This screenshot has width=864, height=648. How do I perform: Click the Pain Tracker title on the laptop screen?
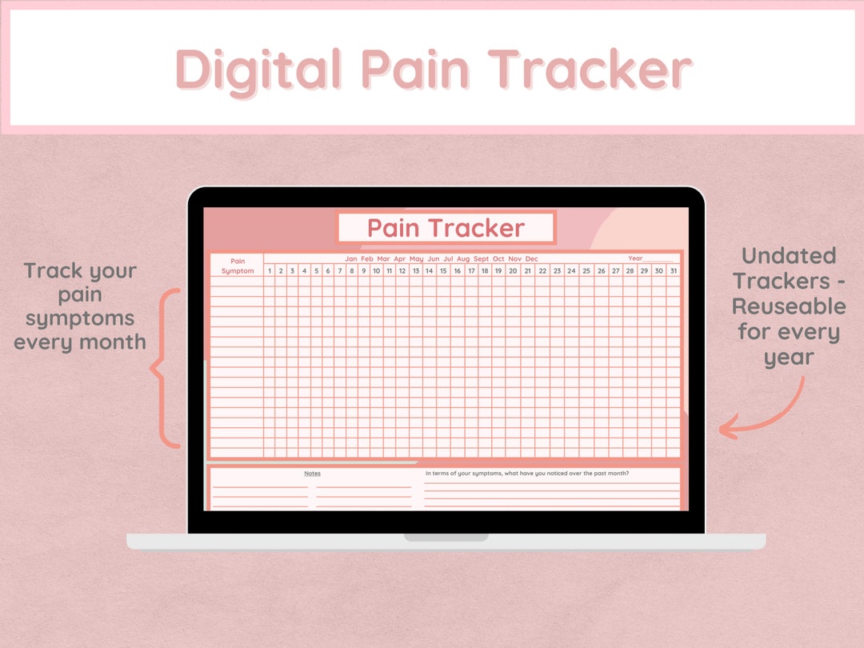pos(446,228)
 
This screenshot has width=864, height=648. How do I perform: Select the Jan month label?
pos(351,258)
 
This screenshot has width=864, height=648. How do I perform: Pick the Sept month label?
pos(481,258)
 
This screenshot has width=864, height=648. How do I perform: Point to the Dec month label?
pos(532,258)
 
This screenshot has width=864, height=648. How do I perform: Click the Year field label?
pos(635,258)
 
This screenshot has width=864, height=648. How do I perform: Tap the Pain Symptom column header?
pos(238,266)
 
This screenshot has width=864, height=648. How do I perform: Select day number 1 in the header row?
pos(270,270)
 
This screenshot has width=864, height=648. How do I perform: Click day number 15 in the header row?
pos(443,270)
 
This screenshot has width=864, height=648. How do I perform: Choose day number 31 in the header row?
pos(672,270)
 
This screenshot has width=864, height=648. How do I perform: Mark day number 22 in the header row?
pos(542,270)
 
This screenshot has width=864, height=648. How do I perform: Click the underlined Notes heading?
pos(312,474)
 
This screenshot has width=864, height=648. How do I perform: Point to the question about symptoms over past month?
pos(526,473)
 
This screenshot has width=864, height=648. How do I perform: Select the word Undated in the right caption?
pos(788,256)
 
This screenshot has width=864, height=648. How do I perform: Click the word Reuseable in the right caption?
pos(788,306)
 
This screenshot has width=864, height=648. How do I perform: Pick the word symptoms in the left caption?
pos(80,318)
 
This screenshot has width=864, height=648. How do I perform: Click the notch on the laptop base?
pos(446,538)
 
